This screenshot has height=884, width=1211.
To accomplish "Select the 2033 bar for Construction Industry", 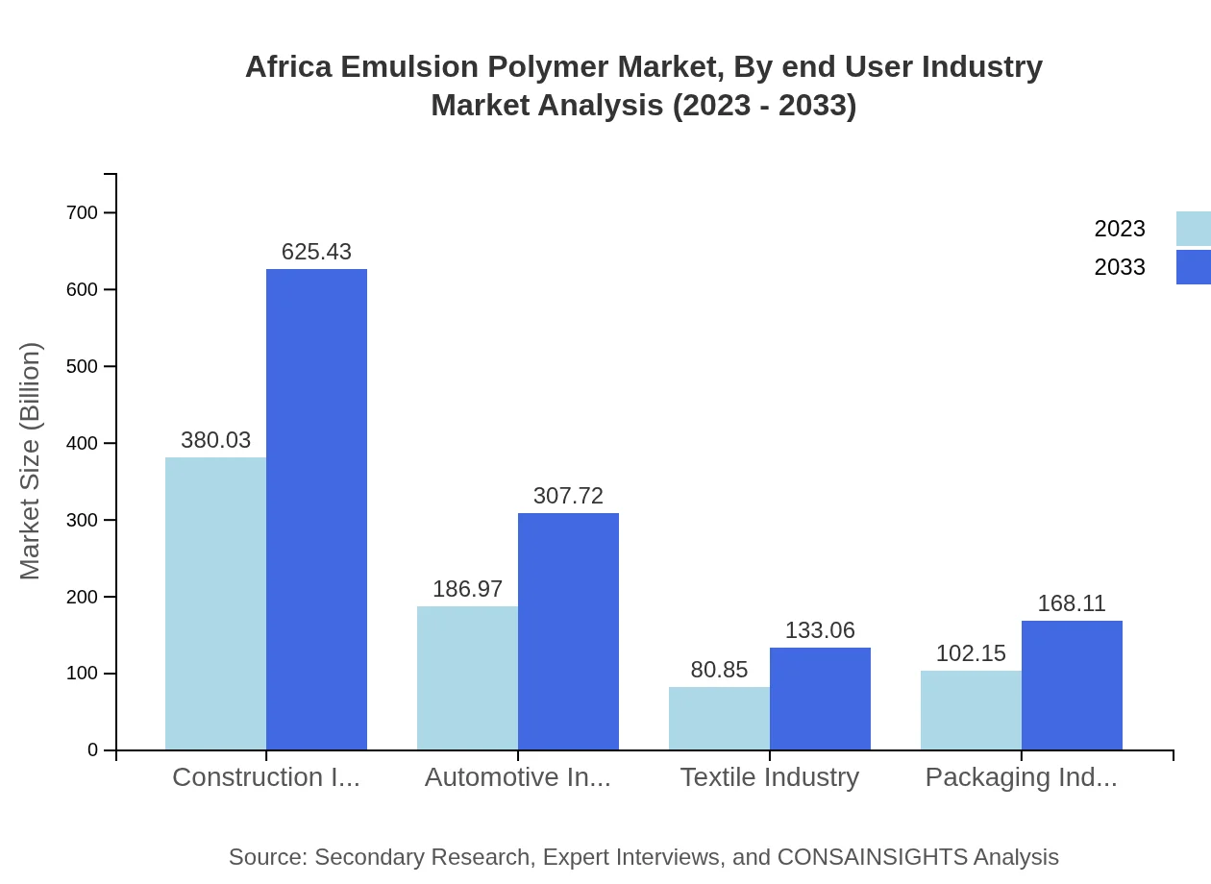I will coord(316,509).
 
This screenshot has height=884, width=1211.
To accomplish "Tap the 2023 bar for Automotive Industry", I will coord(467,677).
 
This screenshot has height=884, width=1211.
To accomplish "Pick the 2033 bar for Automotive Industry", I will coord(568,631).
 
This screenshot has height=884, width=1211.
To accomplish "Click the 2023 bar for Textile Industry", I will coord(719,718).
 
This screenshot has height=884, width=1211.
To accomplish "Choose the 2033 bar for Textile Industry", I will coord(820,699).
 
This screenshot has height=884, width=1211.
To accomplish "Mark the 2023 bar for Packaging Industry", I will coord(971,710).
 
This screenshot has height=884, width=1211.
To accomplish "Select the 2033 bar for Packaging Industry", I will coord(1072,685).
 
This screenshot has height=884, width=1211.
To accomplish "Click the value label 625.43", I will coord(316,252).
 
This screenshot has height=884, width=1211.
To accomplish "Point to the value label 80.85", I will coord(719,670).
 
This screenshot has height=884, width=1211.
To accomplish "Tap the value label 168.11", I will coord(1072,603).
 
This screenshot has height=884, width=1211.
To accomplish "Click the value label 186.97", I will coord(467,589).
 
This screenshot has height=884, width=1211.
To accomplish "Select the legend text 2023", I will coord(1120,229).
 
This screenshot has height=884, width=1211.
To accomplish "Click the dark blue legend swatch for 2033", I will coord(1194,267).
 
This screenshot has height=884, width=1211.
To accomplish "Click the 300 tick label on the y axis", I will coord(82,520).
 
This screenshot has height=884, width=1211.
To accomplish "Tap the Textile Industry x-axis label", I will coord(769,777).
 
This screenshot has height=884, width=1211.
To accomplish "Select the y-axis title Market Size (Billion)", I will coord(31,461).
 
